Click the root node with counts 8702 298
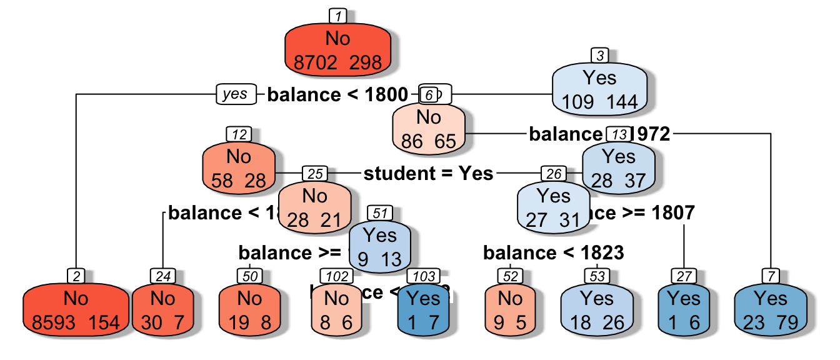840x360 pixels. tap(338, 49)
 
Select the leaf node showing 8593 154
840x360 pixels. tap(76, 309)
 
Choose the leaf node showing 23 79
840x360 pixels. tap(771, 309)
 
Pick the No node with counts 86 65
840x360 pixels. tap(429, 127)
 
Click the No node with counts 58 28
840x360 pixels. tap(239, 167)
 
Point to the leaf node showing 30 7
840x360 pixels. tap(162, 309)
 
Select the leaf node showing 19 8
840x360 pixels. tap(249, 309)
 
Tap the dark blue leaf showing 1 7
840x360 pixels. tap(425, 309)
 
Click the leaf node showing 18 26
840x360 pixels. tap(597, 309)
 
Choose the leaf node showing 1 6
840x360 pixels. tap(684, 309)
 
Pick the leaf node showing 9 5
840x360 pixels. tap(511, 309)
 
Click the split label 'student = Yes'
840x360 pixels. tap(428, 173)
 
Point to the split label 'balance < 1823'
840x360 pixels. tap(553, 252)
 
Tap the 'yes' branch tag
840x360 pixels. tap(236, 94)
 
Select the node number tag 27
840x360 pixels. tap(684, 276)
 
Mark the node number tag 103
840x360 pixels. tap(424, 276)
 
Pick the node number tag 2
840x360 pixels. tap(76, 276)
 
